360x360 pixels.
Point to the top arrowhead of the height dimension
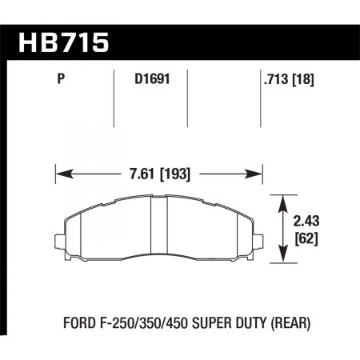pyautogui.click(x=282, y=202)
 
